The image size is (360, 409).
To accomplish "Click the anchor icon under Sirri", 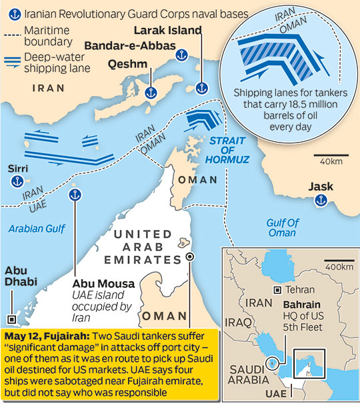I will [x=19, y=182].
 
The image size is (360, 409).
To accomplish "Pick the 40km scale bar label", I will [x=331, y=162].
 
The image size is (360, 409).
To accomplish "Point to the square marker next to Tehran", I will [x=277, y=290].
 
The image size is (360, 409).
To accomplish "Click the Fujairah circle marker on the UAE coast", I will [x=191, y=256].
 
